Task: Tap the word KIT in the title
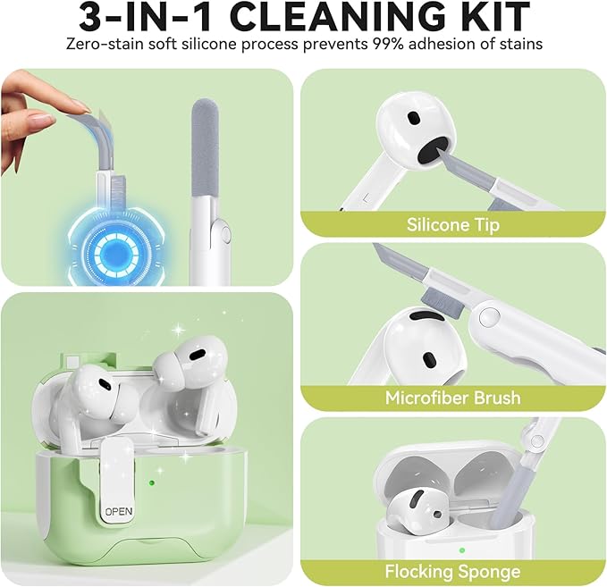494,16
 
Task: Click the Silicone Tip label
453,224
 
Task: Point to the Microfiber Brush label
453,398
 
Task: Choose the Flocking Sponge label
452,571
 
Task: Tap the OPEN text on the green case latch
119,512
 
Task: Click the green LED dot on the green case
152,482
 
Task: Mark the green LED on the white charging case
462,549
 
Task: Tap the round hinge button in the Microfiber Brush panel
487,317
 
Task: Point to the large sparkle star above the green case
179,330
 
